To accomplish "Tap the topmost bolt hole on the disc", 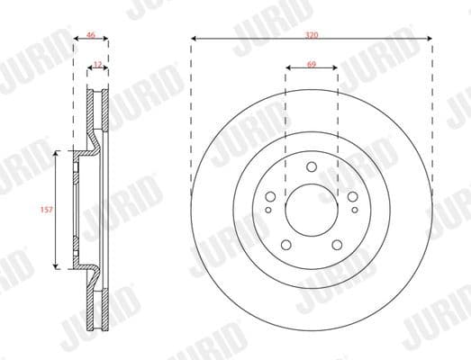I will pyautogui.click(x=312, y=166).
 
